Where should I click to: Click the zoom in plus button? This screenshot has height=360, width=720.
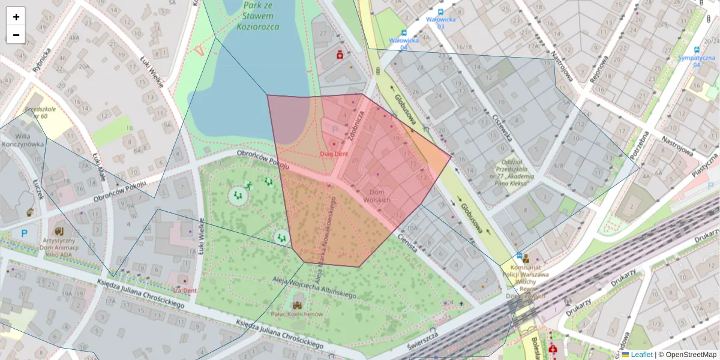coord(16,17)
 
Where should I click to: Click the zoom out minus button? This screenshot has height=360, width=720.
coord(16,35)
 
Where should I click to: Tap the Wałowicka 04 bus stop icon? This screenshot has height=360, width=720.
coord(404,33)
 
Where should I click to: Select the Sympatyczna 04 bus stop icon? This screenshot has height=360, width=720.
coord(697,50)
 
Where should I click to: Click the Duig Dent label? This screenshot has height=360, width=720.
coord(334,154)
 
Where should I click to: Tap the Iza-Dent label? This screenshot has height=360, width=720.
coord(185,290)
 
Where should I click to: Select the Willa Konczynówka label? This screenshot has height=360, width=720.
coord(23,140)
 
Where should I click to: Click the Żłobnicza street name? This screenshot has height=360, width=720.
coord(356,126)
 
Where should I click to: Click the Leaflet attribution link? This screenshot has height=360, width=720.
coord(641,355)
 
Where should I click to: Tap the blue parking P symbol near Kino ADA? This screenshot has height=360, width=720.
coord(24,233)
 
